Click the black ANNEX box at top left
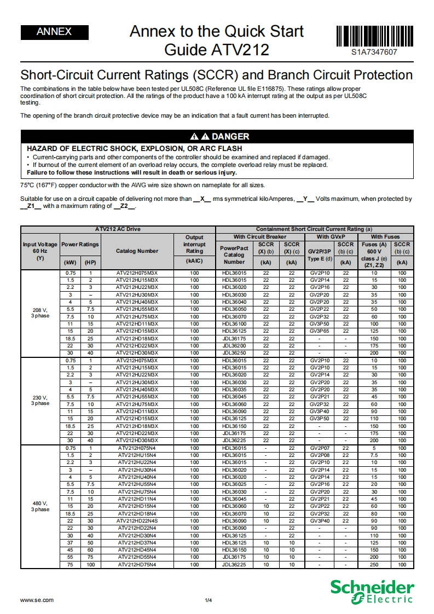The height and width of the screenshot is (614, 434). pyautogui.click(x=54, y=32)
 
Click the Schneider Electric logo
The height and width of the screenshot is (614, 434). pyautogui.click(x=372, y=592)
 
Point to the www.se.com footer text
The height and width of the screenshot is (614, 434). pyautogui.click(x=37, y=600)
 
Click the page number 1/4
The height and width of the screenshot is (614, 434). pyautogui.click(x=209, y=600)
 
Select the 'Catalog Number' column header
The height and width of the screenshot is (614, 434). pyautogui.click(x=137, y=251)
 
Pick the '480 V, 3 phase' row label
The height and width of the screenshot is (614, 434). pyautogui.click(x=40, y=506)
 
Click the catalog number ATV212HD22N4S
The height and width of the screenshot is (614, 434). pyautogui.click(x=137, y=521)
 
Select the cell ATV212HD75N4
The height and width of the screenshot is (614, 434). pyautogui.click(x=137, y=564)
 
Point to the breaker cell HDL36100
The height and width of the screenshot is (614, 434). pyautogui.click(x=234, y=323)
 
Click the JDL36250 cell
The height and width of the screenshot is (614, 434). pyautogui.click(x=234, y=353)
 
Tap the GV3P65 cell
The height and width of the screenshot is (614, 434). pyautogui.click(x=320, y=331)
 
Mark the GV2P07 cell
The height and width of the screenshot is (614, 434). pyautogui.click(x=320, y=448)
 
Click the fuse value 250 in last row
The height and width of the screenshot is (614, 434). pyautogui.click(x=374, y=564)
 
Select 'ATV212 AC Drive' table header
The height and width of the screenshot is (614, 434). pyautogui.click(x=118, y=229)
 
